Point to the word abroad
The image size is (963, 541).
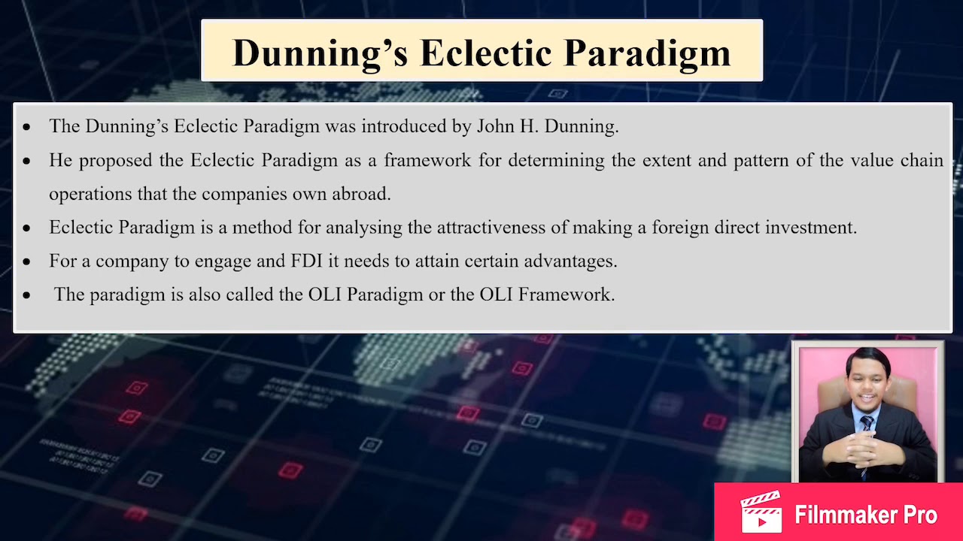(x=362, y=194)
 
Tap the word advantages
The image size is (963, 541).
(x=570, y=261)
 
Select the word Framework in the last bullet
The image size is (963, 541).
(x=566, y=295)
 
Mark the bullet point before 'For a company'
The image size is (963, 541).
(x=27, y=262)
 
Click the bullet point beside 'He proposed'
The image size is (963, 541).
(x=27, y=162)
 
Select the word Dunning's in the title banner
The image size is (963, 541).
(x=320, y=53)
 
